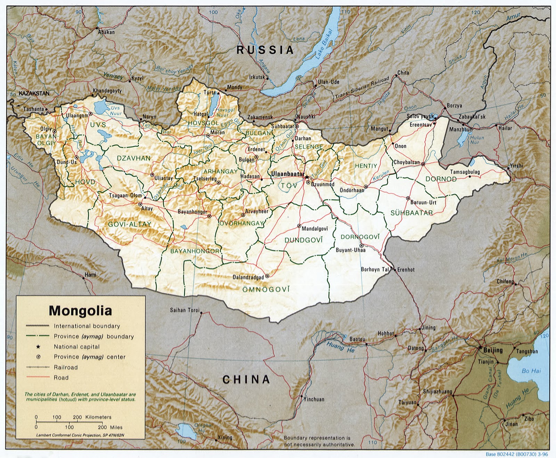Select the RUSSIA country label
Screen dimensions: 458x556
(x=265, y=50)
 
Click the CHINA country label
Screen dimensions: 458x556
(x=246, y=379)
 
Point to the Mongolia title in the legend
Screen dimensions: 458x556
(x=80, y=310)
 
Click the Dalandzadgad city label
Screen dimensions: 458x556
(x=248, y=277)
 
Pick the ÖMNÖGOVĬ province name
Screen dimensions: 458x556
(x=266, y=289)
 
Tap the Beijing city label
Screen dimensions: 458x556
(x=493, y=350)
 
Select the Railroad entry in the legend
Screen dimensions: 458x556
(x=66, y=367)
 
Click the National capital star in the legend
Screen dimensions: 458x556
(x=38, y=347)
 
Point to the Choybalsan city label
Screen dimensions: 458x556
(x=407, y=162)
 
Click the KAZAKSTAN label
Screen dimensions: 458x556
(x=34, y=93)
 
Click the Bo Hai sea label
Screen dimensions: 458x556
(x=531, y=371)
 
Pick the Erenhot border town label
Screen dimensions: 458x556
(x=406, y=269)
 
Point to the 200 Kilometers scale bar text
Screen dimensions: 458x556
(x=92, y=417)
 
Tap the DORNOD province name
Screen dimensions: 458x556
(x=441, y=179)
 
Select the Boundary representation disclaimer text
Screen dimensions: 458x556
(x=319, y=441)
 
